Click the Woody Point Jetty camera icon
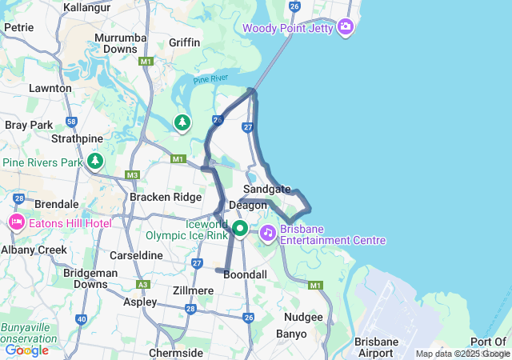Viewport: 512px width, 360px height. click(x=346, y=28)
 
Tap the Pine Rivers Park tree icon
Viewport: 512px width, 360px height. click(x=96, y=162)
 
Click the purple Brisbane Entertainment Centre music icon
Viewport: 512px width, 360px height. click(x=267, y=232)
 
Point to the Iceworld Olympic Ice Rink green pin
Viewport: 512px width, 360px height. click(x=240, y=230)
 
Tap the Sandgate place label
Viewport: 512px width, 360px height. click(x=267, y=189)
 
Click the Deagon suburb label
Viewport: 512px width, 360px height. click(x=247, y=206)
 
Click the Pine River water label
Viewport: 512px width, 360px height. click(x=210, y=80)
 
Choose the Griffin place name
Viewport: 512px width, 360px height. click(x=184, y=42)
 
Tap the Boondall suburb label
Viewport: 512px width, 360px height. click(x=246, y=274)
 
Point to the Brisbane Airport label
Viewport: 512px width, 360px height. click(x=377, y=347)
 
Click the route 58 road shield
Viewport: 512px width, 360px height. click(x=71, y=122)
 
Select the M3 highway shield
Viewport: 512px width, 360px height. click(x=132, y=174)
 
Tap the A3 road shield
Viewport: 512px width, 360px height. click(x=142, y=284)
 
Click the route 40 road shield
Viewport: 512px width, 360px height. click(x=81, y=319)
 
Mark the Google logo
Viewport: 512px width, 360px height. click(x=26, y=350)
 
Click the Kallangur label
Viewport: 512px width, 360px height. click(x=87, y=6)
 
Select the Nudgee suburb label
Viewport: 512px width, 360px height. click(x=303, y=317)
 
